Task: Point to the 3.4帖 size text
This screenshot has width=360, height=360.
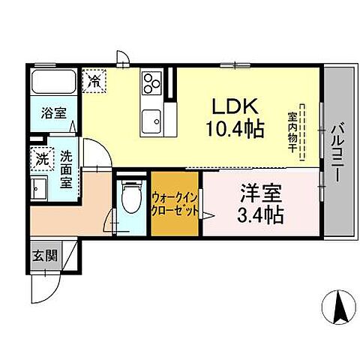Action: pos(260,217)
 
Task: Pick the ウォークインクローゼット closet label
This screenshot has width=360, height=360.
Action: pos(175,203)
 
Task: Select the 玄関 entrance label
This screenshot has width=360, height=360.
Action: pos(44,255)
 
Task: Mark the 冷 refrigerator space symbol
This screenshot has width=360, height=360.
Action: pos(95,79)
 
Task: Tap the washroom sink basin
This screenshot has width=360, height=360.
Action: pos(39,188)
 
